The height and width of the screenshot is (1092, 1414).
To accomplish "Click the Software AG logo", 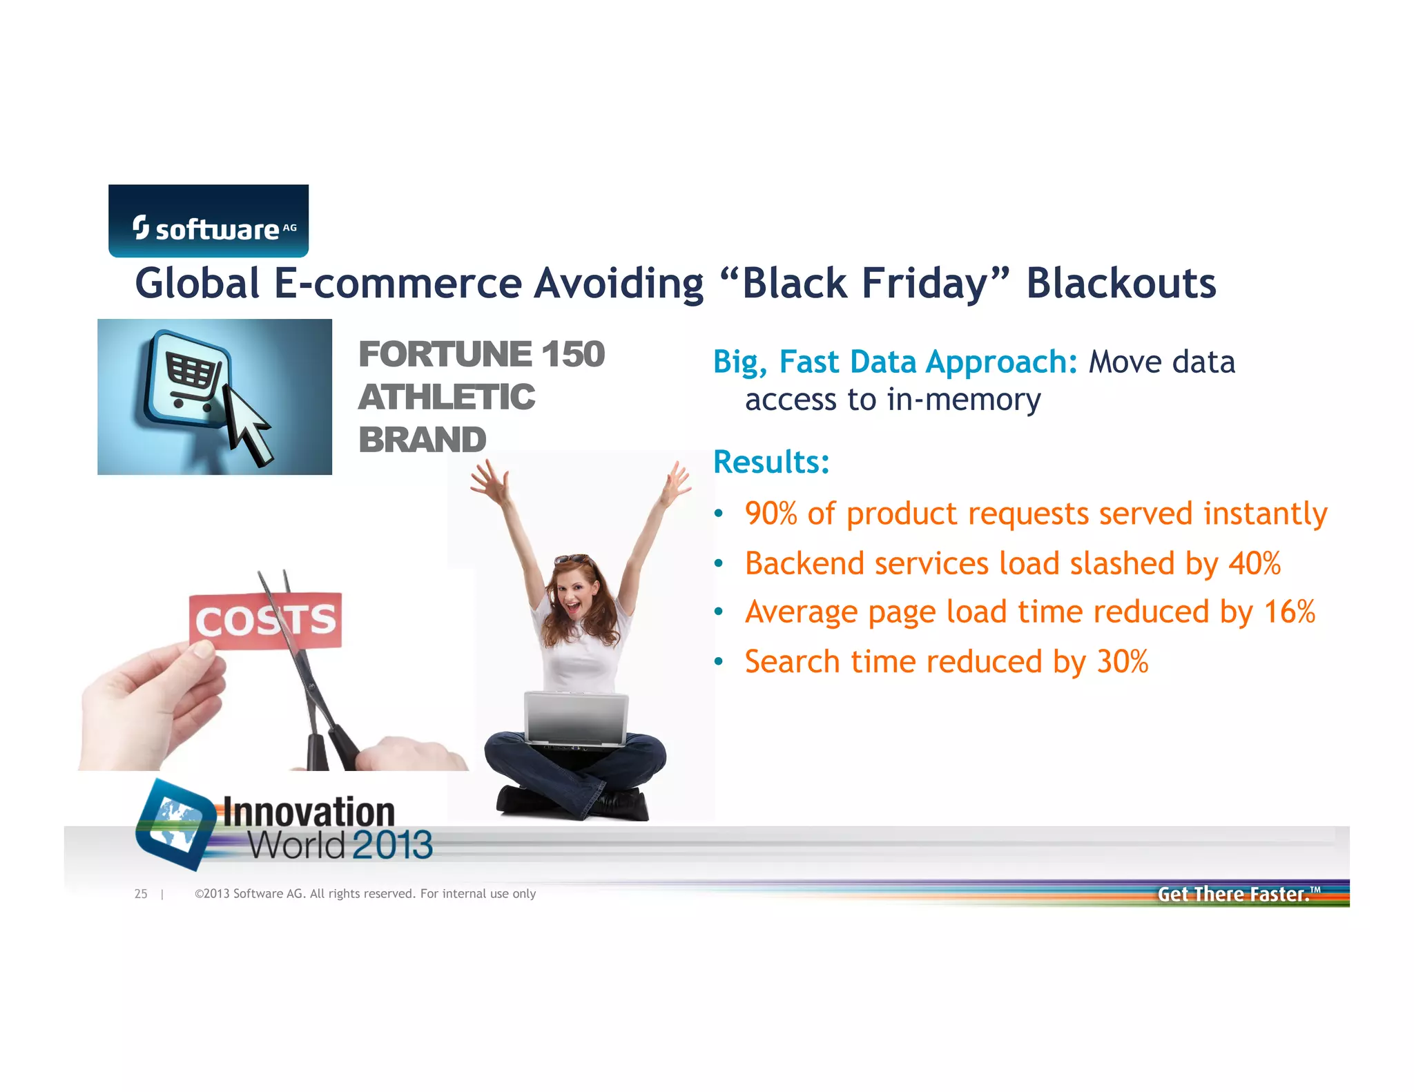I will click(209, 221).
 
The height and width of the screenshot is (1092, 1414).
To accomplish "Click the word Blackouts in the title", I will click(1121, 284).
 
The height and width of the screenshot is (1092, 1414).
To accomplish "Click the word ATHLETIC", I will click(446, 398).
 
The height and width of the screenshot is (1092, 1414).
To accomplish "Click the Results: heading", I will click(771, 462).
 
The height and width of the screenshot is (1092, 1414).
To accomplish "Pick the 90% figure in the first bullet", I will click(771, 514).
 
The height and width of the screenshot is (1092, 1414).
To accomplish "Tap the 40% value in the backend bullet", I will click(1255, 563).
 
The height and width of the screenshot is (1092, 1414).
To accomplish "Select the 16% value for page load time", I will click(1289, 612).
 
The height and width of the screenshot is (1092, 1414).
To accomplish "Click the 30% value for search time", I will click(1123, 661).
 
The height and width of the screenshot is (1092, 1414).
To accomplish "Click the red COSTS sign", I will click(266, 621).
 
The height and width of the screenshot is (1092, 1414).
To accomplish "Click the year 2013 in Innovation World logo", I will click(392, 845).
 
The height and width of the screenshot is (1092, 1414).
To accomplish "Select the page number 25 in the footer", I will click(141, 894).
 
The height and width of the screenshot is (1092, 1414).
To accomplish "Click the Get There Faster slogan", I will click(1234, 894).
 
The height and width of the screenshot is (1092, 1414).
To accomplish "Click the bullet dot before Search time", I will click(719, 662).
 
